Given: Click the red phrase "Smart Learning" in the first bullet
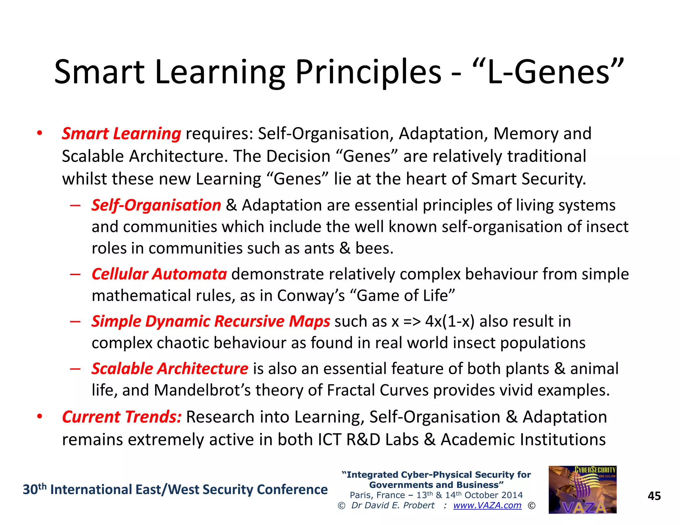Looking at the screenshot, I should (122, 134).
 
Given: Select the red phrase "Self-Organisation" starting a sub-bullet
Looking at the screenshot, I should (156, 205).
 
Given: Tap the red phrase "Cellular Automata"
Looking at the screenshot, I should (159, 274).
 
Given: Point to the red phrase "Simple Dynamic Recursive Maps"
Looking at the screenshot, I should (211, 321).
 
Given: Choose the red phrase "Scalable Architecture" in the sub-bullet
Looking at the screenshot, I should (170, 369).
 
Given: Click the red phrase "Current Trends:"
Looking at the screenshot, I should (122, 417).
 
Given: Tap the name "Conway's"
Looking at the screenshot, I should (311, 296).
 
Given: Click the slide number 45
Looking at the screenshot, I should (654, 496).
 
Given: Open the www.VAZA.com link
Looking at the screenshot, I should (487, 505).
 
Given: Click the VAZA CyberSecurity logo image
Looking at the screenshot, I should (582, 490).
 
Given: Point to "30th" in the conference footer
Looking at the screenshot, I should (34, 489).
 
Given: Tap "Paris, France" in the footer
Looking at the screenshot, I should (377, 495).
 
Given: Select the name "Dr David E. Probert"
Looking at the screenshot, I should (392, 505).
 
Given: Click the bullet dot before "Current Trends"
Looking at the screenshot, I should (40, 417).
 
